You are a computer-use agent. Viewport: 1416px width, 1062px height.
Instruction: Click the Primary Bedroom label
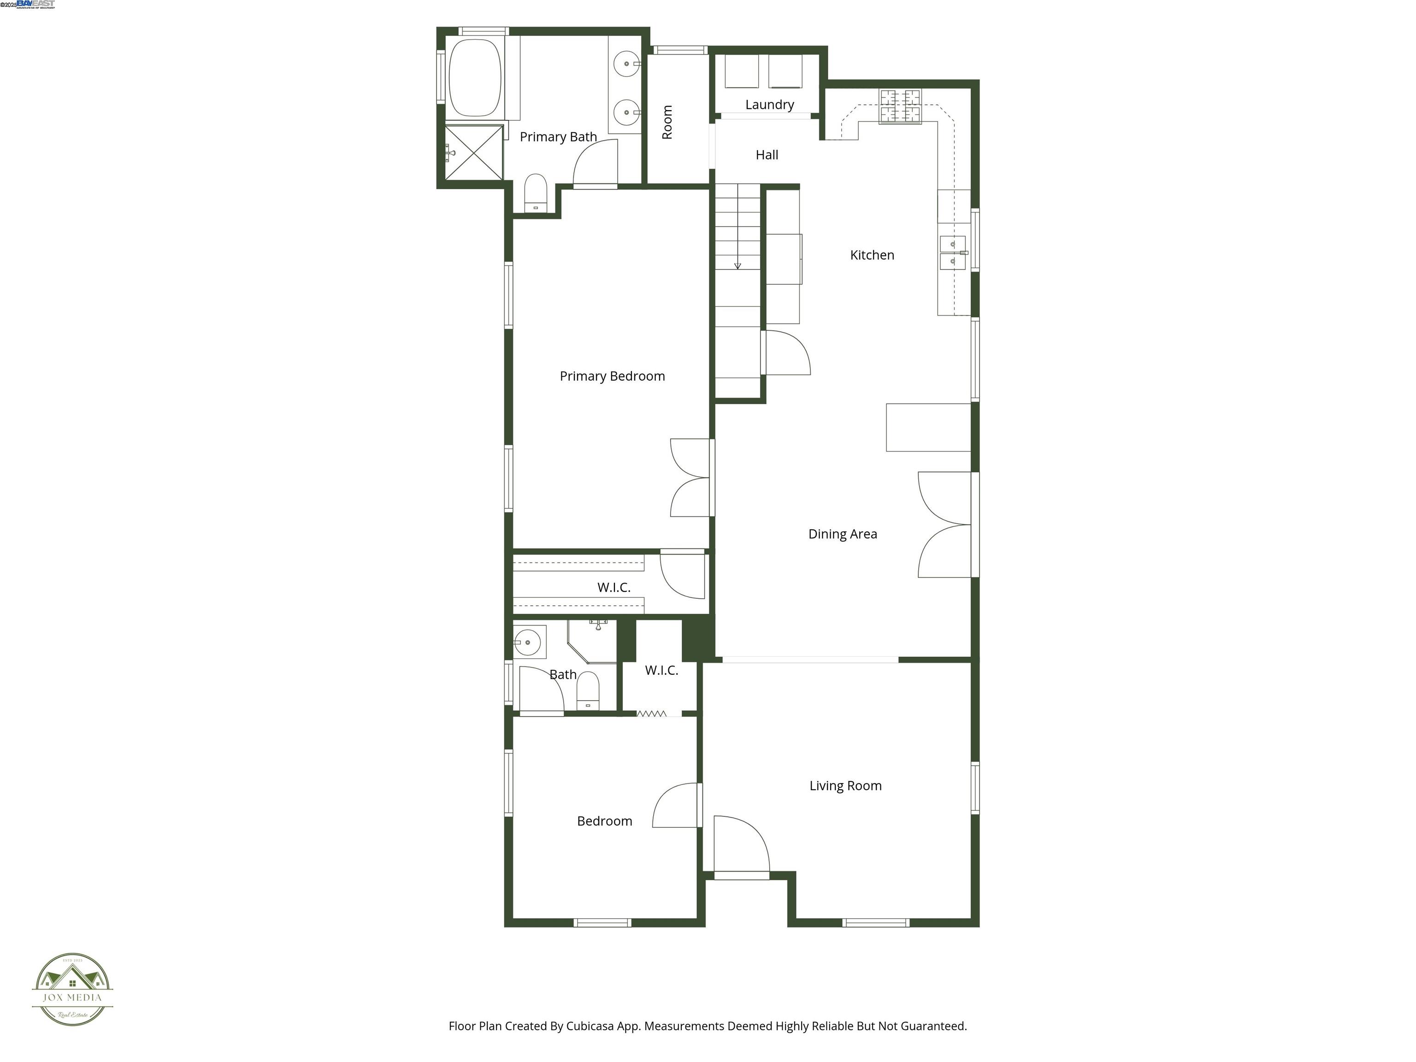pyautogui.click(x=612, y=377)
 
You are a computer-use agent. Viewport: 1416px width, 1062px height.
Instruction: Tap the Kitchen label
pyautogui.click(x=872, y=255)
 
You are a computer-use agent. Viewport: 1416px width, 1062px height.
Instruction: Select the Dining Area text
pyautogui.click(x=843, y=534)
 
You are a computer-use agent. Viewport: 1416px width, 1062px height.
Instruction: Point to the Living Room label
pyautogui.click(x=845, y=785)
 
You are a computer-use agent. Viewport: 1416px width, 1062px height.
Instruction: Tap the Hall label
pyautogui.click(x=767, y=155)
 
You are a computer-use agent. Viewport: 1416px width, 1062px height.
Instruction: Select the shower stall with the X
pyautogui.click(x=474, y=153)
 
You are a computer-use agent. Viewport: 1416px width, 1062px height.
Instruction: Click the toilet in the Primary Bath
pyautogui.click(x=535, y=192)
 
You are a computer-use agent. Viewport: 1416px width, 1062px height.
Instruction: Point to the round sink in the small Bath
pyautogui.click(x=528, y=642)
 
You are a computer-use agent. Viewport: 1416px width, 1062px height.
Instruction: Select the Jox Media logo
pyautogui.click(x=72, y=990)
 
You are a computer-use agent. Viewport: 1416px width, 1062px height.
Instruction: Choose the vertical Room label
pyautogui.click(x=667, y=122)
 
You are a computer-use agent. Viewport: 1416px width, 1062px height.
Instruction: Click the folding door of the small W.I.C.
pyautogui.click(x=652, y=713)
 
